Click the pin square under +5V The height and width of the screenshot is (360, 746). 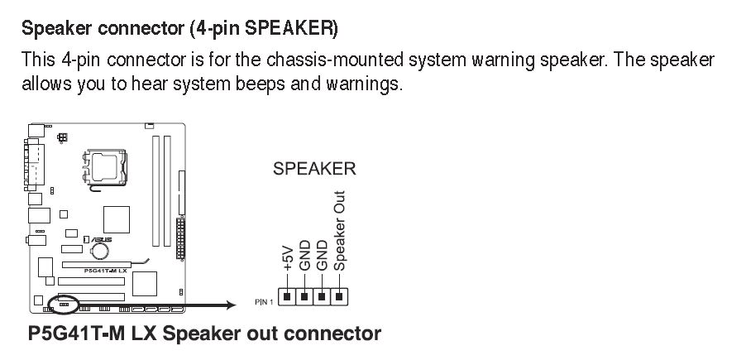(x=287, y=295)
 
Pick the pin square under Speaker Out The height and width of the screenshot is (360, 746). (x=339, y=295)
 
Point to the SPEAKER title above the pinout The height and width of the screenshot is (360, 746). (x=314, y=170)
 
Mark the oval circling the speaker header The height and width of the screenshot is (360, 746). (x=65, y=304)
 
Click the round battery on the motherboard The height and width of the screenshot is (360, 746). (x=101, y=248)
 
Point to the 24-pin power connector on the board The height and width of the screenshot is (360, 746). (x=180, y=239)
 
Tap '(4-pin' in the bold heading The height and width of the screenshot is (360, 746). (x=213, y=30)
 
